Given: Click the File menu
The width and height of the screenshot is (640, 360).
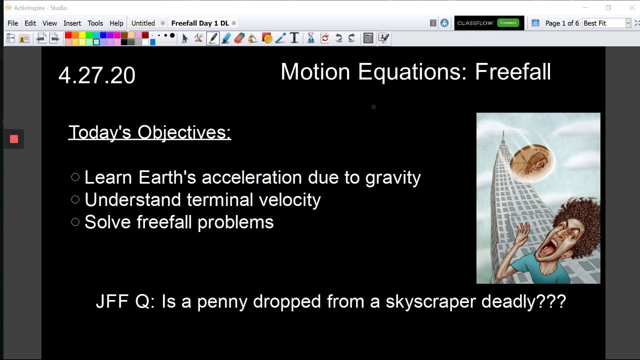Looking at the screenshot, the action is [12, 23].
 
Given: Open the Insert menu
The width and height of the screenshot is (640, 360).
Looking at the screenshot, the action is [72, 23].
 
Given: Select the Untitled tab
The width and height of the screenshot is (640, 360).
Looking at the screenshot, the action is [143, 23].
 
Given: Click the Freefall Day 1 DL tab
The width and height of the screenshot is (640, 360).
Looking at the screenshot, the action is [200, 23].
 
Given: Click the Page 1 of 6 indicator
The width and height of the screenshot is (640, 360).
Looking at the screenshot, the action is [562, 23].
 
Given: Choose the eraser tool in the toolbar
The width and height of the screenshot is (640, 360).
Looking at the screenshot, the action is [239, 38].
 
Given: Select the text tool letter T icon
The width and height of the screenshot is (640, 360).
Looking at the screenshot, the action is [294, 38].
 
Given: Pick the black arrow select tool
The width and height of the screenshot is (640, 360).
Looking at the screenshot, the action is [185, 38].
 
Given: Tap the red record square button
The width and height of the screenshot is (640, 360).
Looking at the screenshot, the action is [14, 139].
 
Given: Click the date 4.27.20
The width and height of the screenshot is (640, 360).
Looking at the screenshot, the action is [97, 75].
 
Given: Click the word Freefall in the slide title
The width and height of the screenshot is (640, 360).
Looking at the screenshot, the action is [513, 71].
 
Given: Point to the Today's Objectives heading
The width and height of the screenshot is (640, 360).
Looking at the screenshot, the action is [149, 132].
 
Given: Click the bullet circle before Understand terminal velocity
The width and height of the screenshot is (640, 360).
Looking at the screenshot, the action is [75, 199].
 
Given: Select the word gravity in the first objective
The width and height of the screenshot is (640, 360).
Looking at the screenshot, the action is [393, 178].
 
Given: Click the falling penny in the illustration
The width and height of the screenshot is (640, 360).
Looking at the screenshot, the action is [531, 163].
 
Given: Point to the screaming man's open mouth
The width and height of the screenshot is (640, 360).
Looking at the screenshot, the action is [546, 249].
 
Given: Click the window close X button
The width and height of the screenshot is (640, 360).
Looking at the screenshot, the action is [632, 7].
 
